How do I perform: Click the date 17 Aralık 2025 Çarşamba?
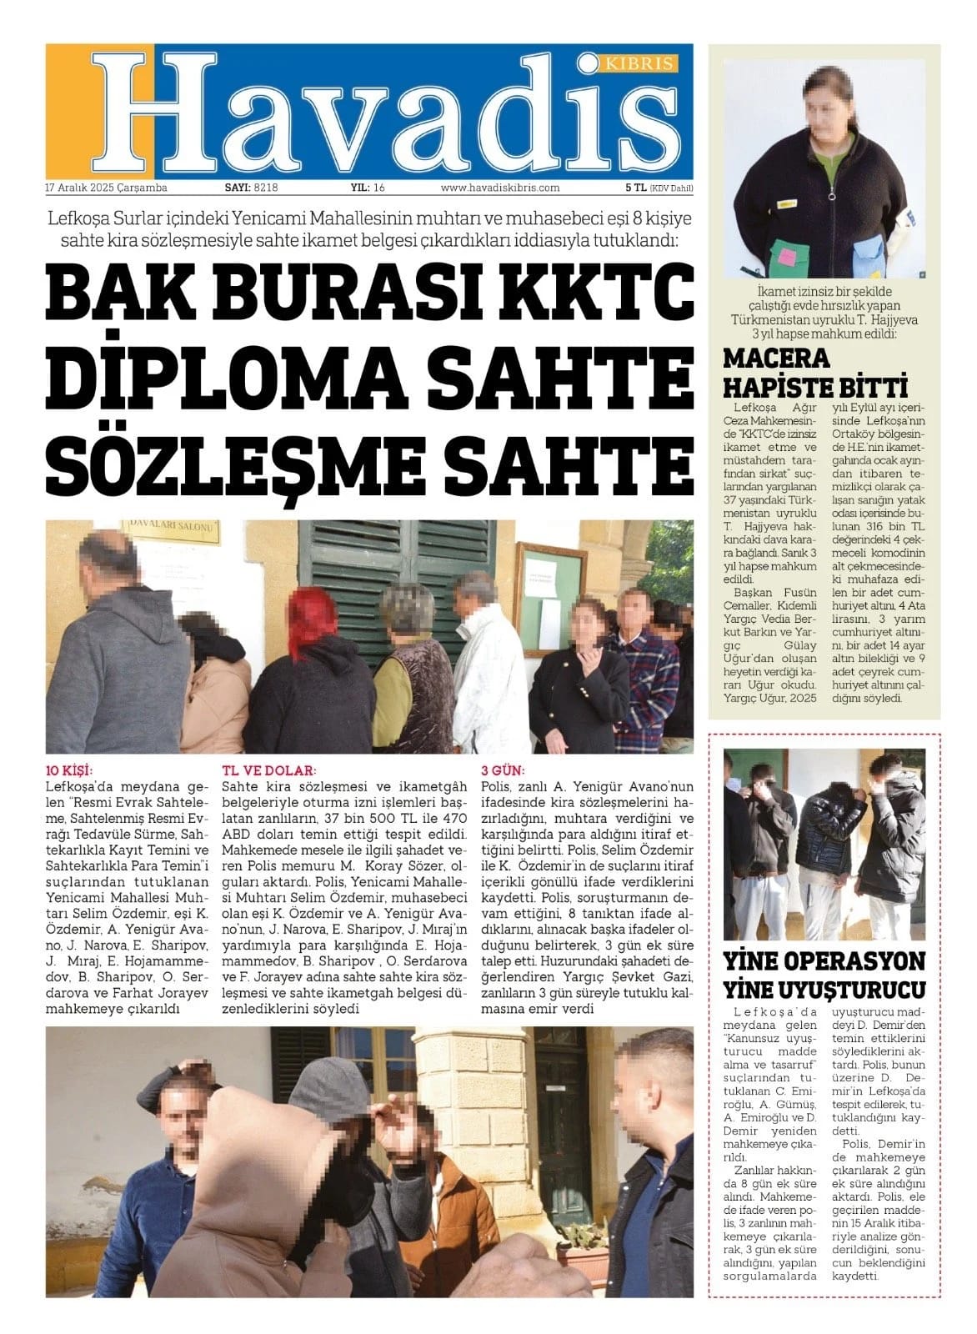pyautogui.click(x=107, y=188)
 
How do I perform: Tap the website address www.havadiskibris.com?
pyautogui.click(x=499, y=188)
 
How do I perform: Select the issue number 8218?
pyautogui.click(x=265, y=188)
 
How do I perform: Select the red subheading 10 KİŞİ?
pyautogui.click(x=69, y=770)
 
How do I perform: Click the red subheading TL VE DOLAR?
pyautogui.click(x=268, y=770)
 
